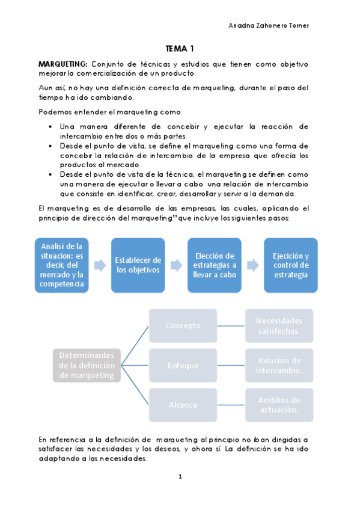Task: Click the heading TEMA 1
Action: tap(180, 49)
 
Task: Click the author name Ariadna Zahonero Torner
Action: tap(269, 25)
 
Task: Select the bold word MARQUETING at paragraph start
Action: tap(63, 64)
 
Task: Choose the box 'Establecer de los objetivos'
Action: tap(138, 265)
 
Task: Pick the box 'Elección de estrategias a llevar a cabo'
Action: tap(215, 265)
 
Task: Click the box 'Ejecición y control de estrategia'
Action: tap(291, 265)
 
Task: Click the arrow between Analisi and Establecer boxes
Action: tap(100, 265)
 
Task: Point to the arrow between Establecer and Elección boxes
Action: tap(177, 265)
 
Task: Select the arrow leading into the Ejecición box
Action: tap(252, 265)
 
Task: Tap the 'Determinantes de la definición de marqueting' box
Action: tap(87, 365)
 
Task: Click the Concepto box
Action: tap(183, 325)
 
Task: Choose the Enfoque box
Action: tap(183, 365)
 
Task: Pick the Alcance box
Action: tap(183, 405)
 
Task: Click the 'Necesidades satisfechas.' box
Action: tap(279, 325)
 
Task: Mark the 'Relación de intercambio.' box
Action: tap(279, 365)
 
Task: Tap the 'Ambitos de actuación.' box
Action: tap(279, 405)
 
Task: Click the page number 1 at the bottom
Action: tap(180, 477)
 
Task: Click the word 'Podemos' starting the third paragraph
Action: tap(53, 112)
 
